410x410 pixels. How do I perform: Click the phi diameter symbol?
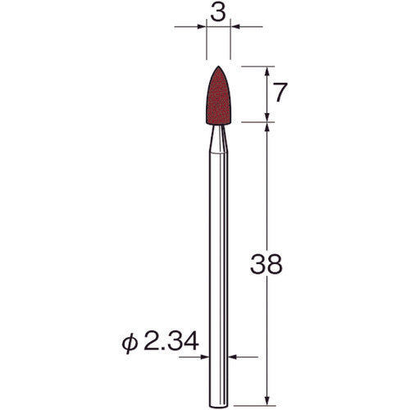click(x=135, y=339)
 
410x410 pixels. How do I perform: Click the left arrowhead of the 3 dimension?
click(x=202, y=30)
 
